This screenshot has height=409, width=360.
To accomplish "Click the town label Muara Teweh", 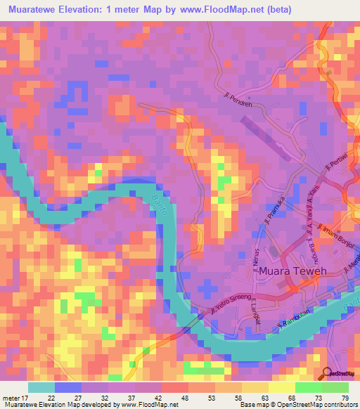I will (x=296, y=271).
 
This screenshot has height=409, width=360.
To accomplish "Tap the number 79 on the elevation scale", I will (x=345, y=398).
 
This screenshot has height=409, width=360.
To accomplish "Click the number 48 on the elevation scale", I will (x=166, y=398).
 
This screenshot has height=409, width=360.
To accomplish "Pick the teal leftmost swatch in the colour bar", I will (x=41, y=387).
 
